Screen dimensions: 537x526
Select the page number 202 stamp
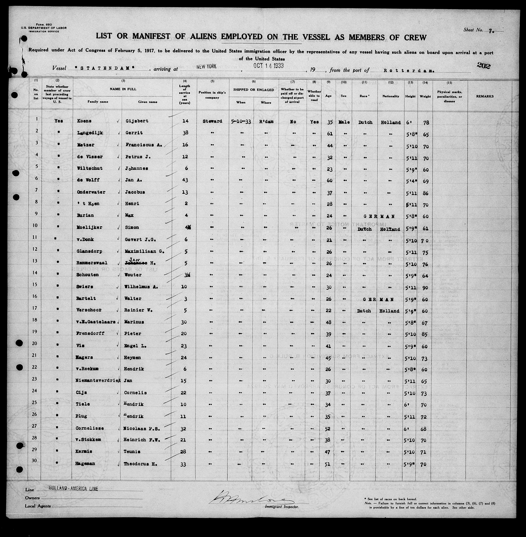483,66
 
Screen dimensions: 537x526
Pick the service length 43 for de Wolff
185,180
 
